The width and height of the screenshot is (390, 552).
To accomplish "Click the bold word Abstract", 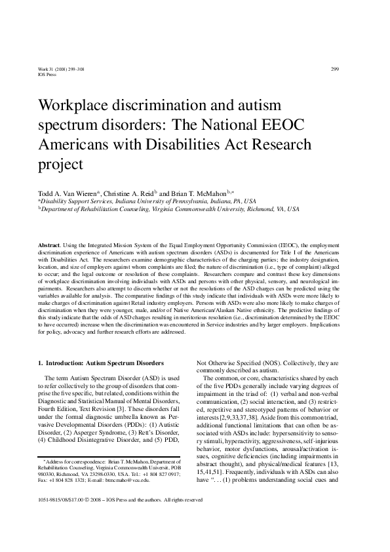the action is pyautogui.click(x=50, y=244).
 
